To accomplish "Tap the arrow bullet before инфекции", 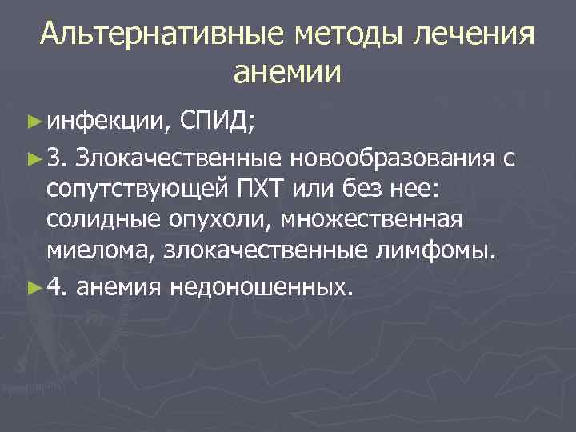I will [33, 122].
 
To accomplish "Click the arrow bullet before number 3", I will [33, 160].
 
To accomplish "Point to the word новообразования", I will [394, 159].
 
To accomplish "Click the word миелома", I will [100, 254].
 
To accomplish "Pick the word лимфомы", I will [447, 254].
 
